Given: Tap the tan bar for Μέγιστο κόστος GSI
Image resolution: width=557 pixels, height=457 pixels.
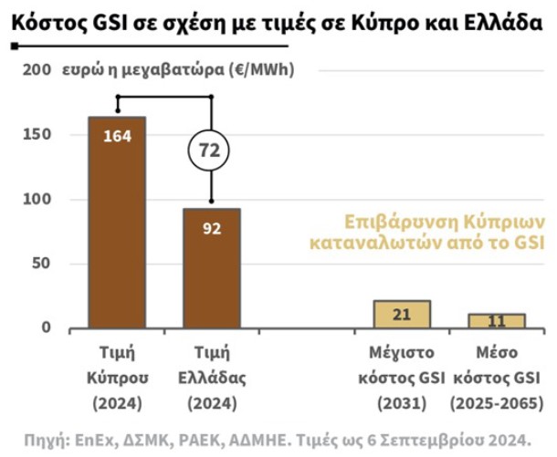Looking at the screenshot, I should [x=401, y=315].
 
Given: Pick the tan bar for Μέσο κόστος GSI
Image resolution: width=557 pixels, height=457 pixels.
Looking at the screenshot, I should [x=496, y=321].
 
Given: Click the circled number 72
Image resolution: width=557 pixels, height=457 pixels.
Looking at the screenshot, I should [x=211, y=149].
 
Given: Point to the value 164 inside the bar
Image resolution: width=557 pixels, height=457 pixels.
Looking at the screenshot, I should [x=117, y=137].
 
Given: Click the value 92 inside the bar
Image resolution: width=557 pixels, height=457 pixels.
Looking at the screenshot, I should [x=211, y=228].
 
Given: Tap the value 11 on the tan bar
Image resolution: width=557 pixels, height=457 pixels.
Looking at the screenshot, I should [x=496, y=322].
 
